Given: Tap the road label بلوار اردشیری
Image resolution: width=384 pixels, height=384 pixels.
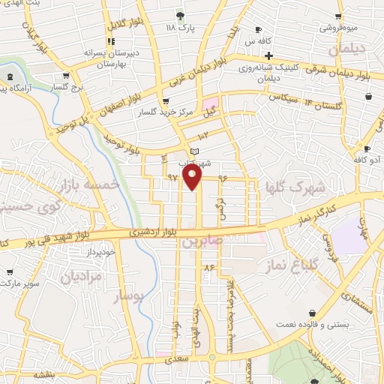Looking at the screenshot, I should (157, 232).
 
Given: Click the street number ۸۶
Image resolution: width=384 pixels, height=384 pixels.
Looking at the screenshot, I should (208, 266).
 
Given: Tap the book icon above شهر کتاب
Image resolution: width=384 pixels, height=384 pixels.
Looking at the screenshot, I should (196, 152).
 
